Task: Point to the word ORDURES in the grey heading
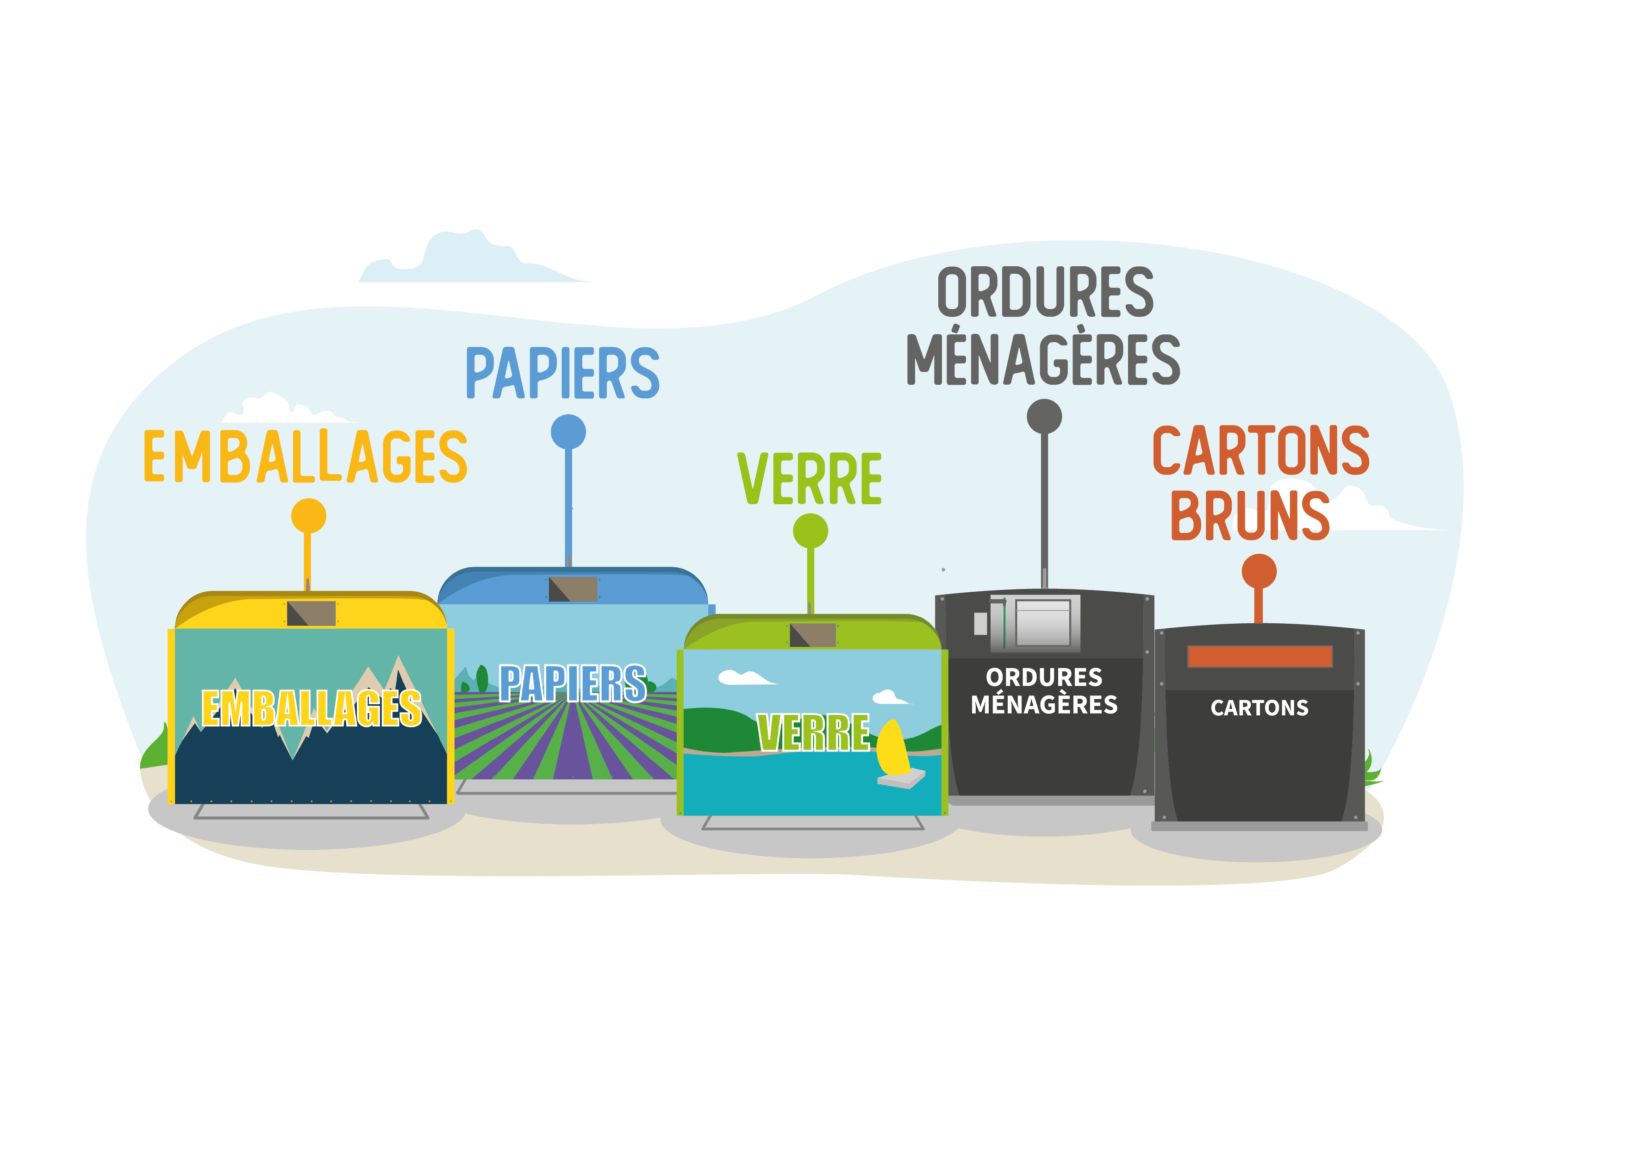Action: coord(1045,292)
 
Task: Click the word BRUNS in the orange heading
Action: coord(1250,515)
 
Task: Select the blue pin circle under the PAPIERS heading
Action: coord(568,432)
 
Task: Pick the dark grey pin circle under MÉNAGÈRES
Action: coord(1043,417)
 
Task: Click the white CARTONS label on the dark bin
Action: coord(1259,708)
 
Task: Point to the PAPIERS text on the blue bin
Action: coord(572,683)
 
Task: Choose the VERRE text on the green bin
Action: coord(813,733)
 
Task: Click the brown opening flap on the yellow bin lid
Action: coord(312,614)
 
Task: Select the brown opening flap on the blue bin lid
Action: coord(573,589)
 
